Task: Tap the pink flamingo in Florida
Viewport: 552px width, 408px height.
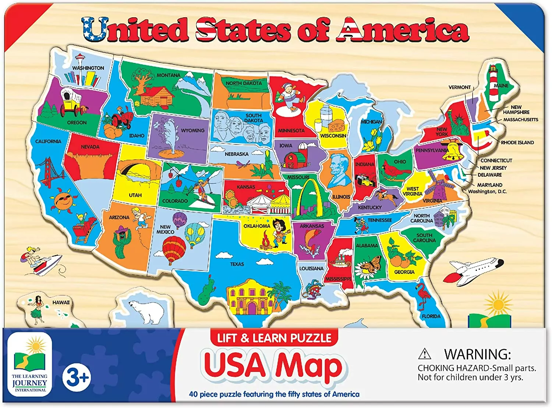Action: pyautogui.click(x=423, y=295)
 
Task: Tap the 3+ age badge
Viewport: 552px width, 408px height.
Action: pyautogui.click(x=76, y=377)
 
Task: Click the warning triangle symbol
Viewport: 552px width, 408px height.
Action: pyautogui.click(x=424, y=354)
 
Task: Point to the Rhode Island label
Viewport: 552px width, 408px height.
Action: pyautogui.click(x=517, y=142)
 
